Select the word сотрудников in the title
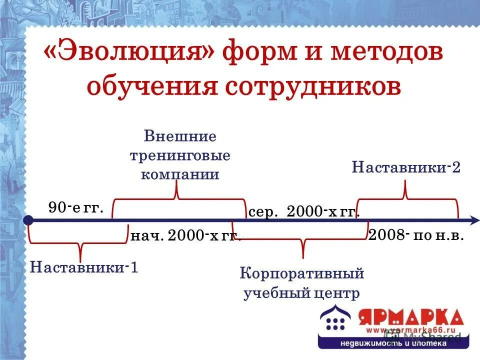(x=313, y=86)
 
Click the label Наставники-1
(x=84, y=267)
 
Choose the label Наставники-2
(x=406, y=166)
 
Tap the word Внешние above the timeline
(x=180, y=136)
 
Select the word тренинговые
(x=180, y=155)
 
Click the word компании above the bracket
(x=180, y=174)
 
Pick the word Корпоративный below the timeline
(x=302, y=274)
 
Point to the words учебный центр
(x=302, y=293)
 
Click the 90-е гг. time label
(x=76, y=207)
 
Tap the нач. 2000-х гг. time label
(x=185, y=235)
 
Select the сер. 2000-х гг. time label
(x=304, y=212)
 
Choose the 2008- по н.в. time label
(x=416, y=235)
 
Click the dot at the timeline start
(x=28, y=219)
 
